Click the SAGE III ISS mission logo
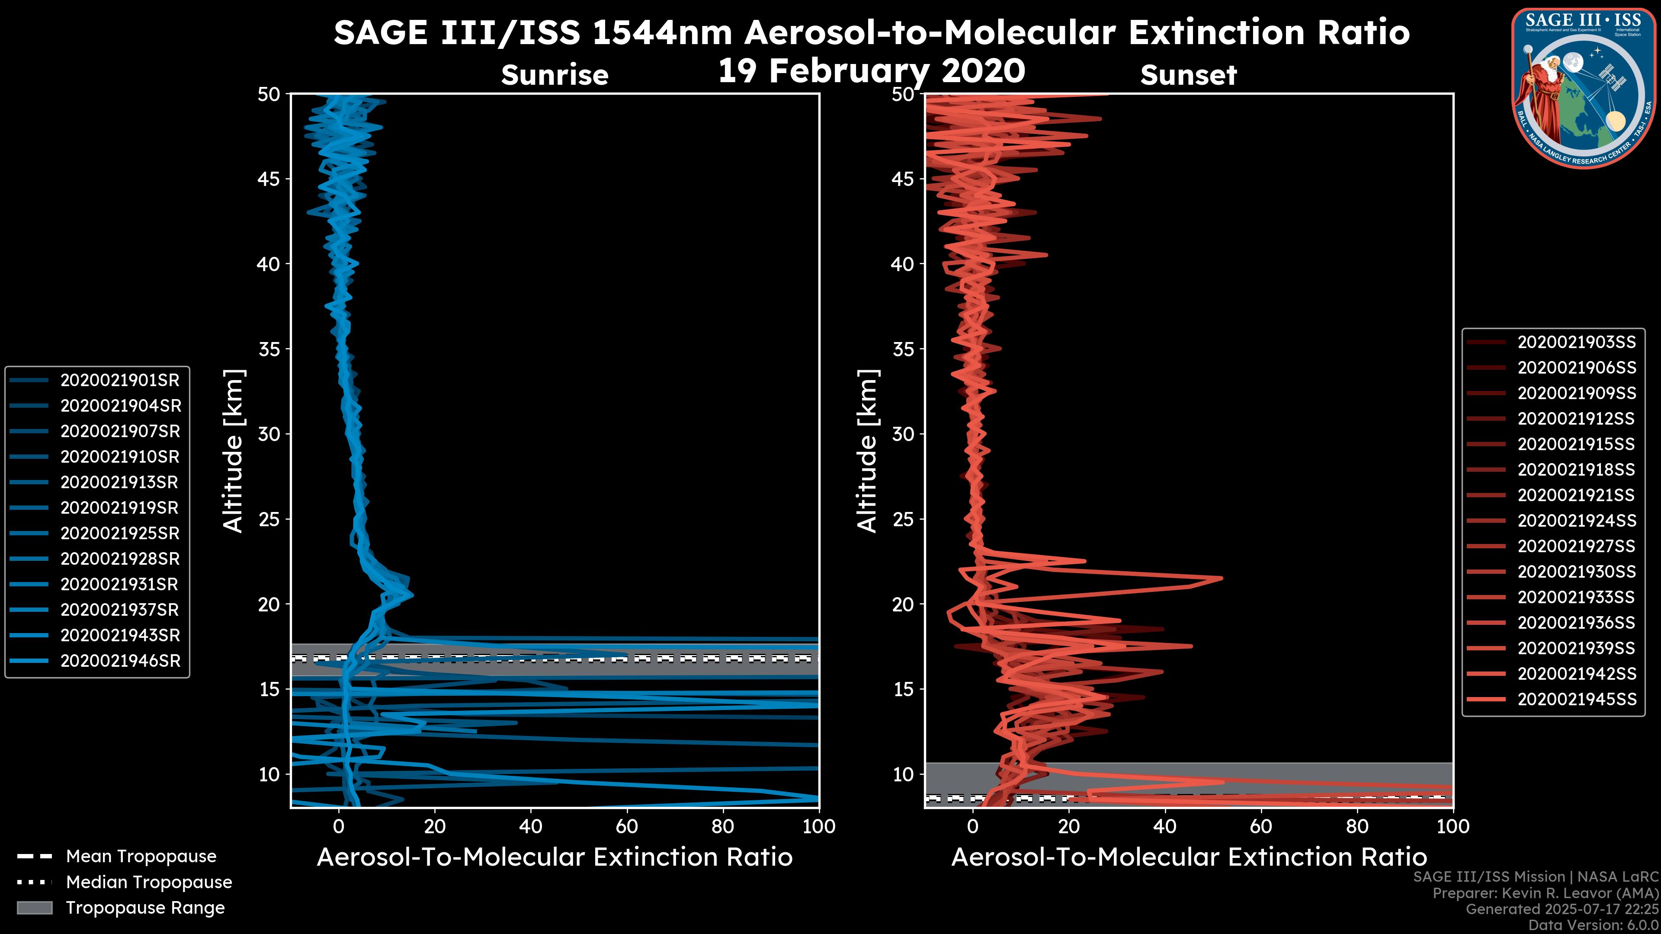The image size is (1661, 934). [1584, 88]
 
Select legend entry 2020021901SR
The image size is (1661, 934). [119, 381]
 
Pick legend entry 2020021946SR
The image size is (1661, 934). [120, 661]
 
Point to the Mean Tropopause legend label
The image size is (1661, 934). [141, 857]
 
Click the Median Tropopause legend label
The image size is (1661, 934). [148, 883]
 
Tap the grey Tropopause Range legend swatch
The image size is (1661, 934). [35, 908]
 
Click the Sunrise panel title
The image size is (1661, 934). [555, 75]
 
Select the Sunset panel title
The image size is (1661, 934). [1188, 75]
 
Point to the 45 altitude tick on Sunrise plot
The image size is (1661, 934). [269, 179]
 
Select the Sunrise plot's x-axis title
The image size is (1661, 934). [555, 857]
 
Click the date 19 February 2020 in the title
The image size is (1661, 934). [871, 71]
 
